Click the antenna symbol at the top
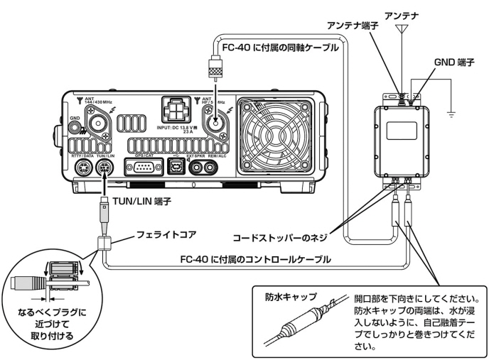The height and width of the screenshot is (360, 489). click(x=404, y=31)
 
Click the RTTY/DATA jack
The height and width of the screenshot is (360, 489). click(x=84, y=168)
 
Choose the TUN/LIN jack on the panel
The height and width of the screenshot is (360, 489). click(x=106, y=168)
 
